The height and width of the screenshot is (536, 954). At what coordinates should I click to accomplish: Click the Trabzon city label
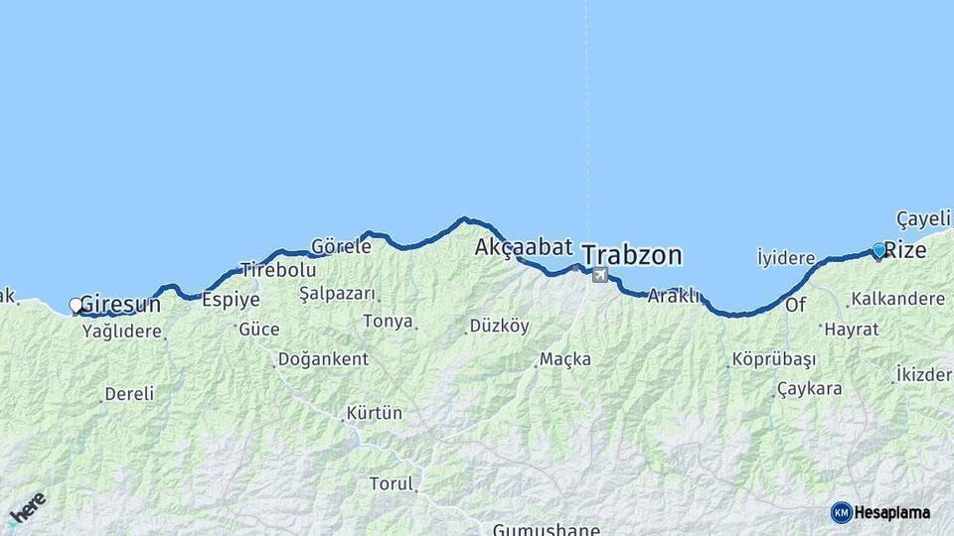pyautogui.click(x=632, y=255)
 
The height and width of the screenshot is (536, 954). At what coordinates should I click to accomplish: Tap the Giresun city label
pyautogui.click(x=119, y=304)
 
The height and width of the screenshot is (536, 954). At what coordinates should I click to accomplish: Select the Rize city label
pyautogui.click(x=905, y=251)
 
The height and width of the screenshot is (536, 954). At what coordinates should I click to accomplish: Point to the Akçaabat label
pyautogui.click(x=524, y=246)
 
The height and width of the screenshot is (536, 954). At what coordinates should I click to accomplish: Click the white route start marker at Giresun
pyautogui.click(x=76, y=306)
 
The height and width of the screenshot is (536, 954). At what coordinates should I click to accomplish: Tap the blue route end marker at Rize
pyautogui.click(x=878, y=250)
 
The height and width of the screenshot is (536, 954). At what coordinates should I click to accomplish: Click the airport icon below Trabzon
pyautogui.click(x=599, y=275)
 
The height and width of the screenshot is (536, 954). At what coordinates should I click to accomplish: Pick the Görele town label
pyautogui.click(x=341, y=246)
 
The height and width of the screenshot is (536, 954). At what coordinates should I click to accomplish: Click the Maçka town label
pyautogui.click(x=565, y=358)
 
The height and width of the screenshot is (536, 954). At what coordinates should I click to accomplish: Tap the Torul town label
pyautogui.click(x=391, y=484)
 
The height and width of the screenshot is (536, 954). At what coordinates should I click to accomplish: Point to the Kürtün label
pyautogui.click(x=374, y=412)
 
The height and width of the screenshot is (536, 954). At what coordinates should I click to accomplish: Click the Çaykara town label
pyautogui.click(x=810, y=388)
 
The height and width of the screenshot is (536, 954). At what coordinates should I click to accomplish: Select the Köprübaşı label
pyautogui.click(x=773, y=358)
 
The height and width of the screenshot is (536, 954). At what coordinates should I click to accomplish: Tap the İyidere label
pyautogui.click(x=786, y=258)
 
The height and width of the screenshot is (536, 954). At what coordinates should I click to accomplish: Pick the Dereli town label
pyautogui.click(x=129, y=394)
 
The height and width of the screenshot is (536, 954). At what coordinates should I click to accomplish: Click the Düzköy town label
pyautogui.click(x=500, y=326)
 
